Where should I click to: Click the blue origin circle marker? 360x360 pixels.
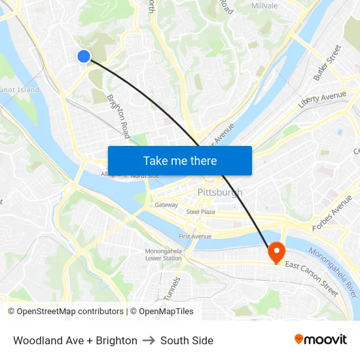coord(84,56)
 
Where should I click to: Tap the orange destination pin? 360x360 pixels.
coord(276,252)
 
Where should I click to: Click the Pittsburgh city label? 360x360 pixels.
coord(220,192)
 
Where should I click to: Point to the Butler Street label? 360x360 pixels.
coord(327,63)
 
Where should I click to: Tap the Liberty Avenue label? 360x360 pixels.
coord(322,99)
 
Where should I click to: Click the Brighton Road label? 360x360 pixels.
coord(119,115)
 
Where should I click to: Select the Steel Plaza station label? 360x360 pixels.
coord(200,212)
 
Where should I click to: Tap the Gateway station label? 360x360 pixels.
coord(166,205)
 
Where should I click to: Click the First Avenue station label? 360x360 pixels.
coord(195,236)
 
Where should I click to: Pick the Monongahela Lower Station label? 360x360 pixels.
coord(164,255)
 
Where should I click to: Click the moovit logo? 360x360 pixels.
coord(321,340)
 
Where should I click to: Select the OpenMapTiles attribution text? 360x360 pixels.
coord(166,312)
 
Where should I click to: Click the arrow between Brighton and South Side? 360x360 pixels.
coord(149,340)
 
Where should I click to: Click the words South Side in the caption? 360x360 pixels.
coord(187,340)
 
